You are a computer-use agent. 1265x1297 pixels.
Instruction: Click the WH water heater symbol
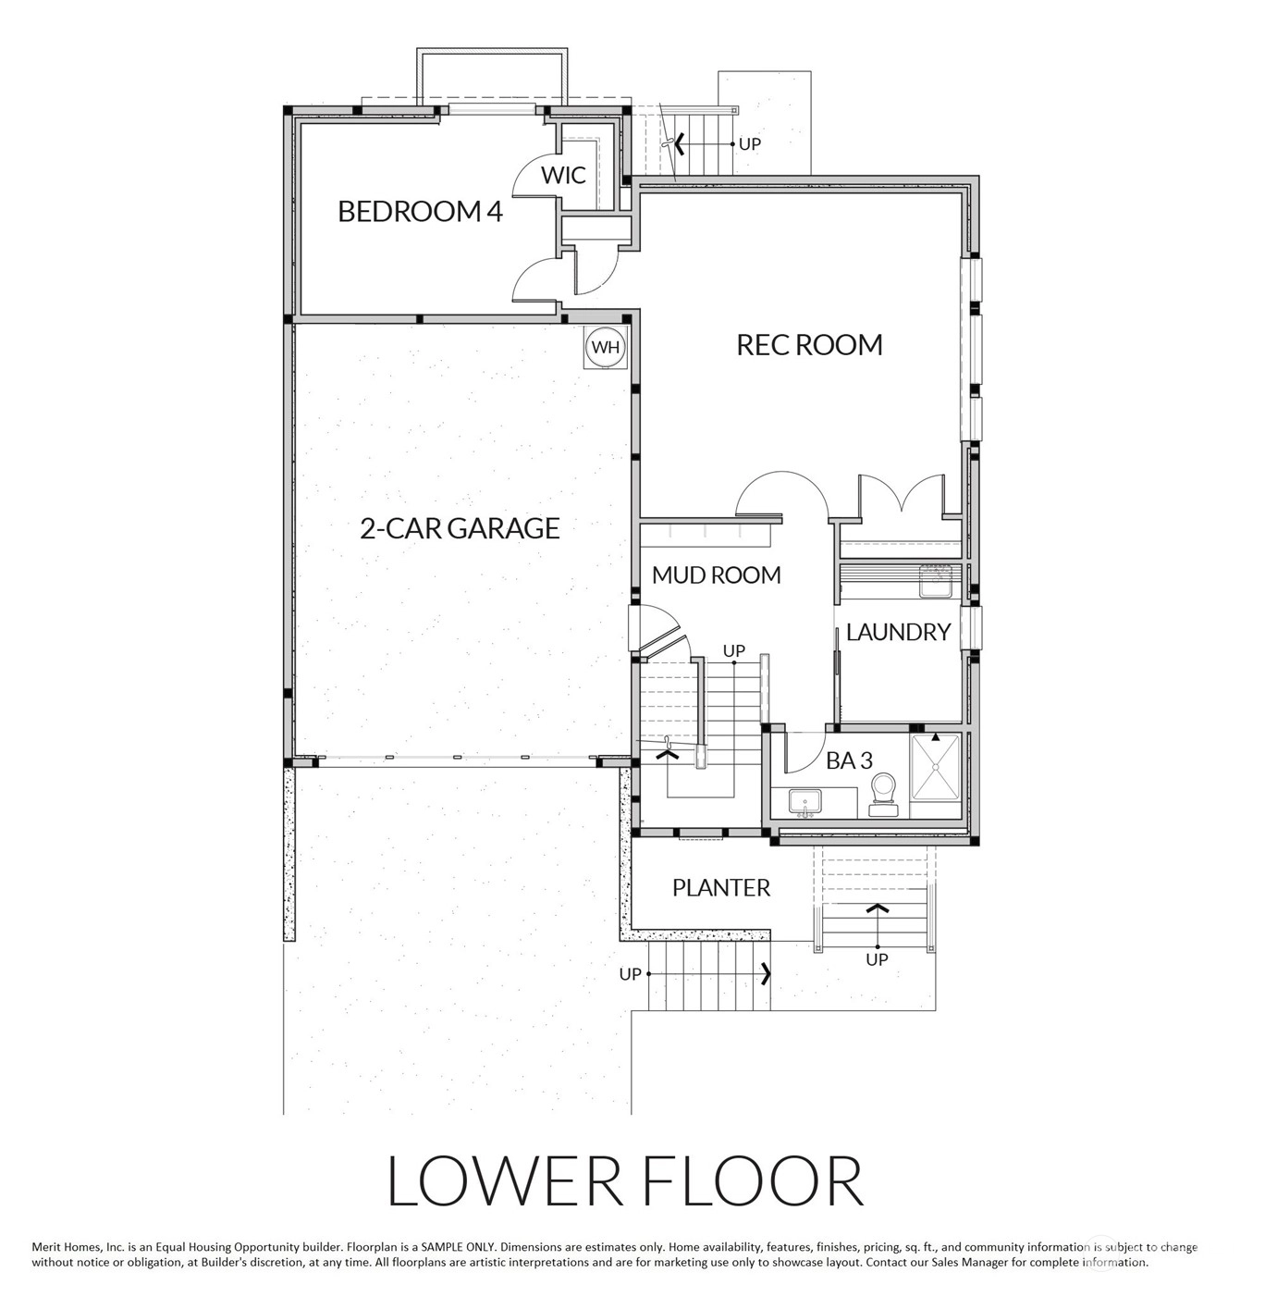(605, 347)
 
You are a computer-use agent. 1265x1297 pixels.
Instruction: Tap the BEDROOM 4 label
(421, 211)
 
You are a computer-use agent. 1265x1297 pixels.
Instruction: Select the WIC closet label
(563, 175)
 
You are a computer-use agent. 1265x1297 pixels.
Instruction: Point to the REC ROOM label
(809, 344)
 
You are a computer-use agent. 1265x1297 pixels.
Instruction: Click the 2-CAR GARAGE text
(460, 528)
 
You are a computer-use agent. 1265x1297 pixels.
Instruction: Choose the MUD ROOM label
(716, 574)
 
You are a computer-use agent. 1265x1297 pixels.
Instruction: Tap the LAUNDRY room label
(898, 632)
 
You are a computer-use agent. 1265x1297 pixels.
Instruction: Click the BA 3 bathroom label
(849, 760)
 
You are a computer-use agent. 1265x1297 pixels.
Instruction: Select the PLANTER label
(720, 888)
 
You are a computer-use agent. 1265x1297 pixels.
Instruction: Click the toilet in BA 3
(883, 796)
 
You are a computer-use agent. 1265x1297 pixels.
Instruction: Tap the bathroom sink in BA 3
(805, 802)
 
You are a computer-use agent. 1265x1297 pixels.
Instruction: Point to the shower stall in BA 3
(935, 767)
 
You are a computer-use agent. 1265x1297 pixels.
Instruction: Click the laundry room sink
(936, 581)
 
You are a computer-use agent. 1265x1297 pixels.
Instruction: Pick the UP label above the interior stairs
(734, 650)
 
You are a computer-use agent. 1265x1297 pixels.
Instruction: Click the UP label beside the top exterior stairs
(749, 144)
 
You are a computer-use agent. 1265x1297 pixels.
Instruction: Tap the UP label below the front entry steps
(877, 959)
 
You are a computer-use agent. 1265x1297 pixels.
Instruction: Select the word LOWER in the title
(504, 1181)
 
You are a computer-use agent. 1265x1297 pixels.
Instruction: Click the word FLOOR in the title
(754, 1181)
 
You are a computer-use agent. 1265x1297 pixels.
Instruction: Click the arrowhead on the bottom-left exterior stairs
(766, 974)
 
